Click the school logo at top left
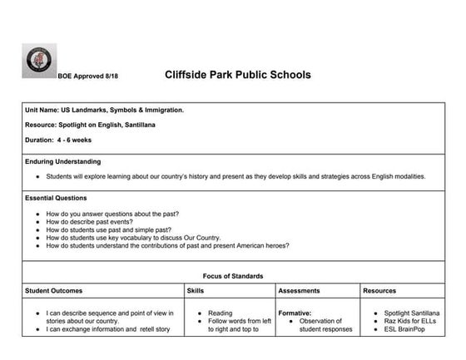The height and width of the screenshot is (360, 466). pyautogui.click(x=38, y=62)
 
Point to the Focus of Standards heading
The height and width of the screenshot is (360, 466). pyautogui.click(x=233, y=275)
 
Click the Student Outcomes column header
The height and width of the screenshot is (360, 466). pyautogui.click(x=54, y=291)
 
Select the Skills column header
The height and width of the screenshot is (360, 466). pyautogui.click(x=197, y=291)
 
